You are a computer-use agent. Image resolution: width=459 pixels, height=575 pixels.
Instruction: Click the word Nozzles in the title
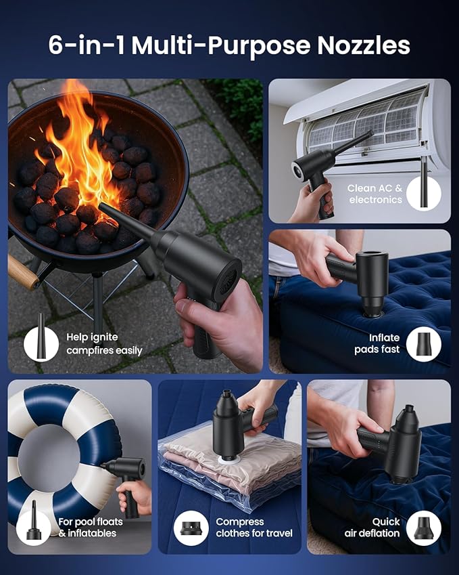[x=364, y=45]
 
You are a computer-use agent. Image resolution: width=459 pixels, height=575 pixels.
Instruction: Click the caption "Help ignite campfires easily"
[x=104, y=344]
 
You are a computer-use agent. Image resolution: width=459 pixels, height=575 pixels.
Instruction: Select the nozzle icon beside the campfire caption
[x=41, y=337]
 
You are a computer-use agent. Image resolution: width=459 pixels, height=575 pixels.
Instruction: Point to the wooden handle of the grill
[x=23, y=272]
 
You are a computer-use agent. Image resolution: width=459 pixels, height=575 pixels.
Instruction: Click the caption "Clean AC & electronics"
[x=375, y=194]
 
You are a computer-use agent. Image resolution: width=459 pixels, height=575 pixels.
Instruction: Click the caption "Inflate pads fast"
[x=377, y=343]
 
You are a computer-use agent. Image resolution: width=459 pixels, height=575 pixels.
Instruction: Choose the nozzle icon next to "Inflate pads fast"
[x=424, y=344]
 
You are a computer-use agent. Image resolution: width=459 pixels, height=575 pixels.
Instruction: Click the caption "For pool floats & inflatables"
[x=91, y=528]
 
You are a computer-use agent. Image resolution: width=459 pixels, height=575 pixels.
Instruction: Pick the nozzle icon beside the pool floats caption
[x=34, y=520]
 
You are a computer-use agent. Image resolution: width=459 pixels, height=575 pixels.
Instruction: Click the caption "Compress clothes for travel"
[x=254, y=528]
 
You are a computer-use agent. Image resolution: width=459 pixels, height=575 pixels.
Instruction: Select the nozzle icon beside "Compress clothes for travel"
[x=191, y=528]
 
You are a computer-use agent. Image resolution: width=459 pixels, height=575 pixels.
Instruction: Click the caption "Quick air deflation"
[x=372, y=528]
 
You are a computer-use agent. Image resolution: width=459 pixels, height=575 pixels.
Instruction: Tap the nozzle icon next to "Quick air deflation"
[x=423, y=528]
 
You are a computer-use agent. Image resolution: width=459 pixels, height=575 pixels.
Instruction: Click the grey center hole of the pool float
[x=48, y=459]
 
